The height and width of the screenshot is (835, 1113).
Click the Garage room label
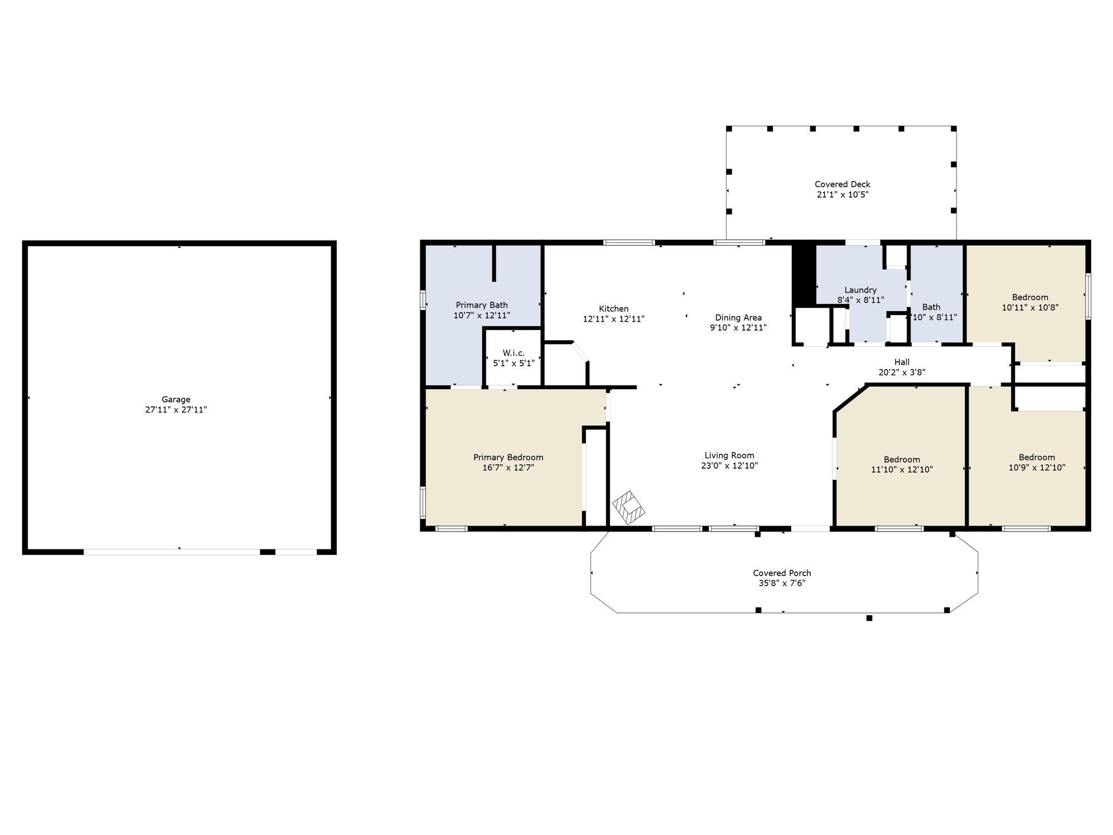pyautogui.click(x=176, y=399)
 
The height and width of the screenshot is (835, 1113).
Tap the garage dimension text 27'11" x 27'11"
pyautogui.click(x=176, y=410)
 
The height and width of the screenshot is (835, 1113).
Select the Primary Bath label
pyautogui.click(x=482, y=305)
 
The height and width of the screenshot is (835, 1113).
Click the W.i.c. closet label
pyautogui.click(x=514, y=353)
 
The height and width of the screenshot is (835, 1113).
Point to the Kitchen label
pyautogui.click(x=614, y=308)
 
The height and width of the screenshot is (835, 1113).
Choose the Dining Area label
pyautogui.click(x=738, y=317)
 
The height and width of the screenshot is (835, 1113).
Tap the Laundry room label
pyautogui.click(x=860, y=290)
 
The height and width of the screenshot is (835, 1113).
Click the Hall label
pyautogui.click(x=902, y=362)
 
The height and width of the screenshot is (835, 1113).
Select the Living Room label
pyautogui.click(x=730, y=455)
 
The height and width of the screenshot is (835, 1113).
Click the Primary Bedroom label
pyautogui.click(x=508, y=457)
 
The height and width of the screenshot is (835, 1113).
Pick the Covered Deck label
pyautogui.click(x=843, y=184)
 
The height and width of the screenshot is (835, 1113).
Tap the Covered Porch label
pyautogui.click(x=782, y=573)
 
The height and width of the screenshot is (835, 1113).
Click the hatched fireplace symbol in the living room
pyautogui.click(x=629, y=508)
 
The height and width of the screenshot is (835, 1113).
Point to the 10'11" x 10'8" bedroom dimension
pyautogui.click(x=1030, y=307)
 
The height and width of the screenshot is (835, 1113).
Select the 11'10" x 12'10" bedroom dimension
pyautogui.click(x=902, y=469)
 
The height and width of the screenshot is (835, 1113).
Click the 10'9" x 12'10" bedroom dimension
pyautogui.click(x=1037, y=468)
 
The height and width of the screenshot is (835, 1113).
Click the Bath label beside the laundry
pyautogui.click(x=932, y=307)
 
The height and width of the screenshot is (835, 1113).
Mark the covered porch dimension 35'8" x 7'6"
pyautogui.click(x=782, y=583)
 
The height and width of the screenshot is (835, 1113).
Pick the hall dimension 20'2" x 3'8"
pyautogui.click(x=902, y=372)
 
